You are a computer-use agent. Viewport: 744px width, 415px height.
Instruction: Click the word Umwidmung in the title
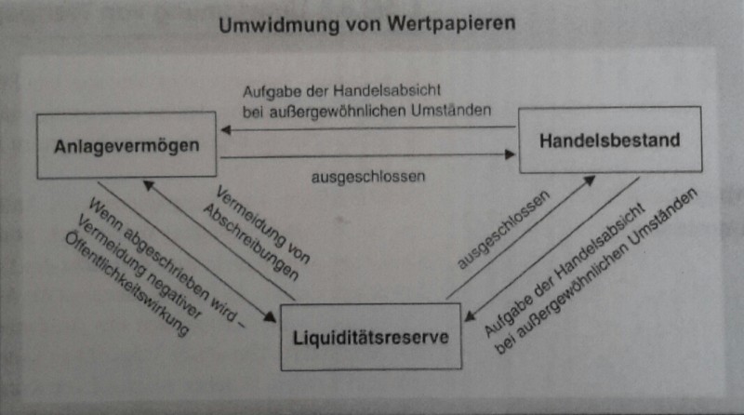(x=279, y=25)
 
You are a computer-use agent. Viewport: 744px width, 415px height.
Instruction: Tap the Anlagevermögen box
(x=126, y=145)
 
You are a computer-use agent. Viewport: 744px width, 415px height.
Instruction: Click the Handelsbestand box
(x=610, y=140)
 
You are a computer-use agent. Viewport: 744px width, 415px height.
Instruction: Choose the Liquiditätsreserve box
(x=370, y=337)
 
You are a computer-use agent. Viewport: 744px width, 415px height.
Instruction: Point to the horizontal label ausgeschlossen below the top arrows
(x=368, y=177)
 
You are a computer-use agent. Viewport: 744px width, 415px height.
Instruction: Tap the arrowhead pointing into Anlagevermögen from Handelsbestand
(x=226, y=129)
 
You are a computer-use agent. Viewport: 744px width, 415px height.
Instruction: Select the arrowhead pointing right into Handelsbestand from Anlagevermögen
(x=510, y=154)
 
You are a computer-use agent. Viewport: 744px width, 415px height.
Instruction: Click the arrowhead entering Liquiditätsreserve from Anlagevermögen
(x=271, y=316)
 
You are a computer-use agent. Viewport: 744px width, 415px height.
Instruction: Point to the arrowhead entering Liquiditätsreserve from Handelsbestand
(x=470, y=315)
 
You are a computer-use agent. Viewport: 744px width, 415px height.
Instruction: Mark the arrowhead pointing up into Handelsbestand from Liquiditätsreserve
(x=590, y=181)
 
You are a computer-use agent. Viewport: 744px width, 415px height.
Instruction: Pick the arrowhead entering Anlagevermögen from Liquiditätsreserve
(x=149, y=185)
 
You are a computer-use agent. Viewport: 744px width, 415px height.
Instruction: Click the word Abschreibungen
(x=250, y=243)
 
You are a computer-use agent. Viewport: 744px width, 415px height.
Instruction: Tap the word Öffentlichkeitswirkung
(x=126, y=285)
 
